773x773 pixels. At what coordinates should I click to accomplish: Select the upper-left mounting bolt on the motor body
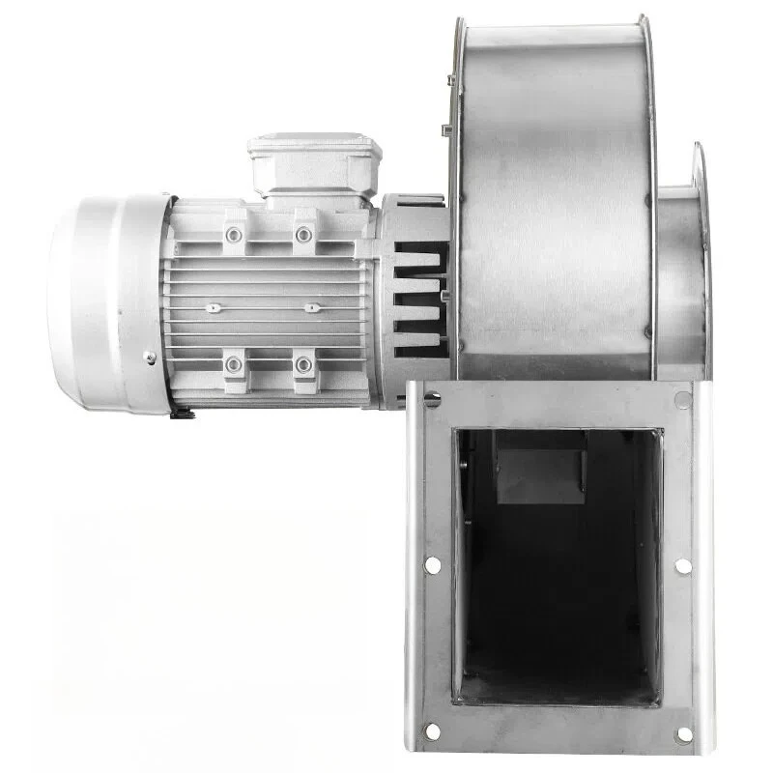[233, 235]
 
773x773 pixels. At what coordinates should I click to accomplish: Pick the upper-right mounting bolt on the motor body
[303, 235]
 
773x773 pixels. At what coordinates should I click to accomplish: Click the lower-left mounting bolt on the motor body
[233, 364]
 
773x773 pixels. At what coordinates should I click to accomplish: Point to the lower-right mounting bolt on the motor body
[303, 364]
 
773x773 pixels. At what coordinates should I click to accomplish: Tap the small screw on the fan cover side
[150, 358]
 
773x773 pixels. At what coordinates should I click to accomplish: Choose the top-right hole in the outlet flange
[683, 398]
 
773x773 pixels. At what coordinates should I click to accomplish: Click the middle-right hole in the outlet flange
[682, 565]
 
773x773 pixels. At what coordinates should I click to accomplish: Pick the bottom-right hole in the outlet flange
[683, 733]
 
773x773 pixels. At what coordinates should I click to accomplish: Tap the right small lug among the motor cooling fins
[311, 308]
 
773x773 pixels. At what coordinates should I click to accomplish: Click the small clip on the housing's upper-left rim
[448, 129]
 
